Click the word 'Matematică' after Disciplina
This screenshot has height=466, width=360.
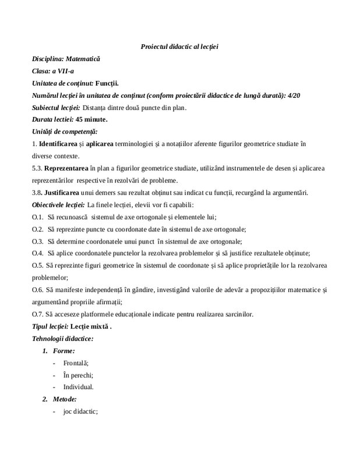pyautogui.click(x=83, y=59)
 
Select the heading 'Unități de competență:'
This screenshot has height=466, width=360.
pyautogui.click(x=65, y=132)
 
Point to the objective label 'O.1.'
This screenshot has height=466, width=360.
pyautogui.click(x=38, y=217)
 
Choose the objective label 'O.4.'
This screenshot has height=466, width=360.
pyautogui.click(x=38, y=253)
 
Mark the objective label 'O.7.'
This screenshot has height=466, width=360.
pyautogui.click(x=38, y=314)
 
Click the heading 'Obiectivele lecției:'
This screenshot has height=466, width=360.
pyautogui.click(x=58, y=204)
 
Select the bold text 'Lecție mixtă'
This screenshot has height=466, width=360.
pyautogui.click(x=89, y=326)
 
